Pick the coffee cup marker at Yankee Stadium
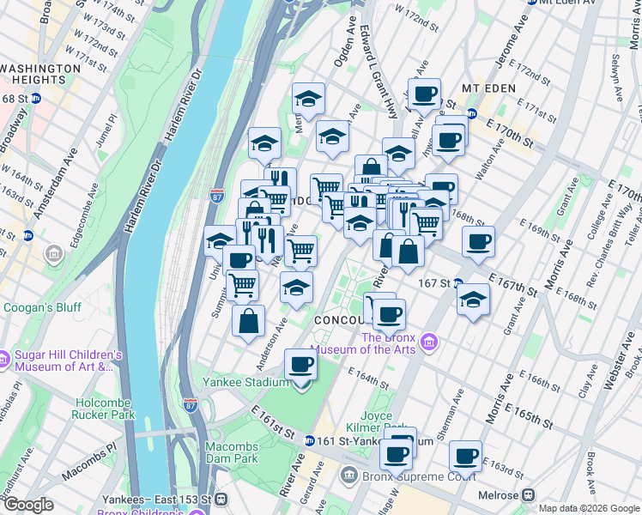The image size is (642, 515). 300,366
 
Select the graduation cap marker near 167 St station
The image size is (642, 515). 471,300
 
